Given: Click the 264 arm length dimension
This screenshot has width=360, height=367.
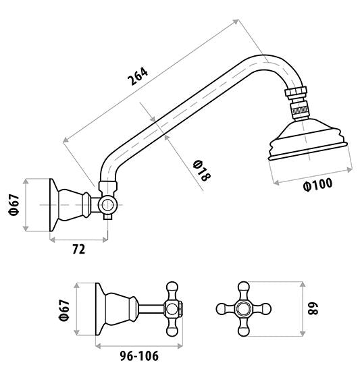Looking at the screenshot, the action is (x=138, y=76).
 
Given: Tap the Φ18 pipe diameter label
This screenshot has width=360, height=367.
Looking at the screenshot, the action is (x=201, y=171).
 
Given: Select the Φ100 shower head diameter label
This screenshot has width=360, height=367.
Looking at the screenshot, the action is (x=317, y=185).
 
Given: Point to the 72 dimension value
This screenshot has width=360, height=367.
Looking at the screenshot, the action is (x=79, y=249).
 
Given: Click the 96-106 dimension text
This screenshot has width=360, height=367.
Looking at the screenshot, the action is (x=139, y=356).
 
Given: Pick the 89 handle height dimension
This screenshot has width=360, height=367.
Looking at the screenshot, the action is (x=313, y=309).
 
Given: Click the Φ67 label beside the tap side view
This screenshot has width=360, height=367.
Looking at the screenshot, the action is (x=64, y=310).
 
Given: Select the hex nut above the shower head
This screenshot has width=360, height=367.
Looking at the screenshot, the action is (x=296, y=92).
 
